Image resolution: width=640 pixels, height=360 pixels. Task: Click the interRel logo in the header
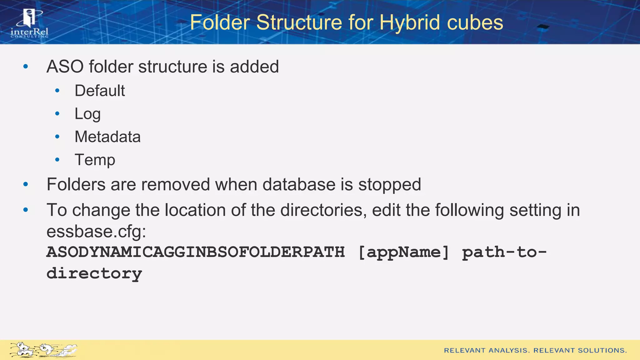29,24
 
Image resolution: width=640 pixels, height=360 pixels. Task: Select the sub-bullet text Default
99,91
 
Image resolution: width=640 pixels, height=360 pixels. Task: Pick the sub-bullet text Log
87,114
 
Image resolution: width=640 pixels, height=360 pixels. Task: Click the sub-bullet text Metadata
107,137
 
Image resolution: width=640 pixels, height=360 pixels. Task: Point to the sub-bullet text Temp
95,160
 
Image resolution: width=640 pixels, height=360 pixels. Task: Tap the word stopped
389,184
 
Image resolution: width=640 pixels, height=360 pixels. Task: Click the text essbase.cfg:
96,232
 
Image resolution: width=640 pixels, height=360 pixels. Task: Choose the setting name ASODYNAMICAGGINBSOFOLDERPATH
195,252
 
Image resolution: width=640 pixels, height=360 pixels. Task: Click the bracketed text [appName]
403,252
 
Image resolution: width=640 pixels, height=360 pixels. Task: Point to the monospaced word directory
94,273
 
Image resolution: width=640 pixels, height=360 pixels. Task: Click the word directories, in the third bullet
323,210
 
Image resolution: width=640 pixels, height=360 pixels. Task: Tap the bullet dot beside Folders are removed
26,184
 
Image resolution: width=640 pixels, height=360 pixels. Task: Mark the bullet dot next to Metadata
57,137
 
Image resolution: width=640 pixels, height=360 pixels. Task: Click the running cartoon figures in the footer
43,350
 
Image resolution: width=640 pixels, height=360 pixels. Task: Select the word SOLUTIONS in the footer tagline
602,350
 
